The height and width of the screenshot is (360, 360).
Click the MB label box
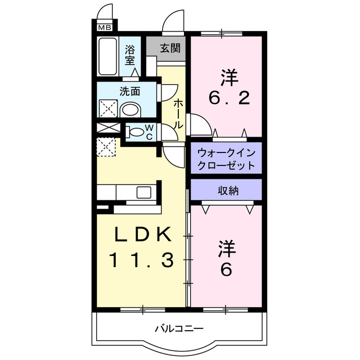coord(105,26)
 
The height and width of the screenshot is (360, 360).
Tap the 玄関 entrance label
coord(169,48)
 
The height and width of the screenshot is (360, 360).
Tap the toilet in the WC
coord(136,133)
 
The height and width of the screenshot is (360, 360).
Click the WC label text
coord(149,132)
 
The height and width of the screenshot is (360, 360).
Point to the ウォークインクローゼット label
coord(226,159)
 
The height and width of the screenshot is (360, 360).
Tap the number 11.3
coord(140,260)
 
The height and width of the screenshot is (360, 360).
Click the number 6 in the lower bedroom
coord(226,271)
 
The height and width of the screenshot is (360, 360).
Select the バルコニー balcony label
coord(179,328)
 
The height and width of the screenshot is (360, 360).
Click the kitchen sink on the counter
coord(143,192)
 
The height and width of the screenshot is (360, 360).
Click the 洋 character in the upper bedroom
coord(228,75)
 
